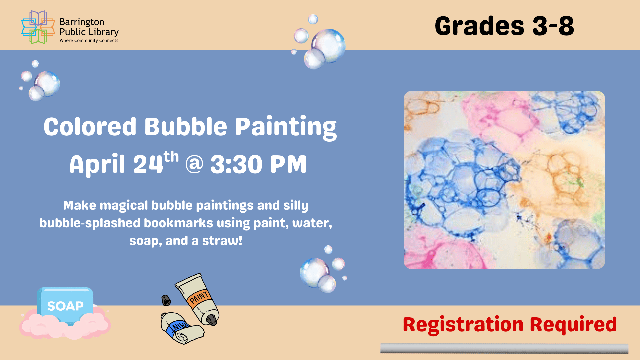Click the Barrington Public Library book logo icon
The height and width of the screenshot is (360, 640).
click(38, 27)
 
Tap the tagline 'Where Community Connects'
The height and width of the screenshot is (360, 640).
click(89, 41)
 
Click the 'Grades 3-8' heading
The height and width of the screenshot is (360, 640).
click(504, 26)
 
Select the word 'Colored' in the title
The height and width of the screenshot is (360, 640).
click(90, 127)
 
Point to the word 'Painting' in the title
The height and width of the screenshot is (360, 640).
click(286, 127)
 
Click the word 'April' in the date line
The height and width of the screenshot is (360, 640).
click(97, 164)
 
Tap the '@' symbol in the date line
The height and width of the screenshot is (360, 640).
click(194, 164)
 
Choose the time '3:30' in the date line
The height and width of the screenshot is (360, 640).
click(236, 164)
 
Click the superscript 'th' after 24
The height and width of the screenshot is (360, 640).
click(171, 157)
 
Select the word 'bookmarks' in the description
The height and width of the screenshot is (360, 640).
click(178, 223)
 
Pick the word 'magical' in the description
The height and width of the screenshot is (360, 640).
click(124, 205)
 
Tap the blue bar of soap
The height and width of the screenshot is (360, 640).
click(65, 305)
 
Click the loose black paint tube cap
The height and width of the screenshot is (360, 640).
click(166, 300)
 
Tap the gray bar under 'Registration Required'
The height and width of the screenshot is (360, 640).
click(504, 348)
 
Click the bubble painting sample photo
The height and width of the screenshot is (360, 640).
click(504, 180)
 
